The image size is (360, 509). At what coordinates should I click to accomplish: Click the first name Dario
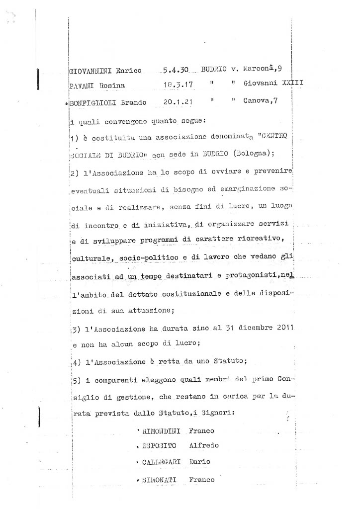click(200, 462)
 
